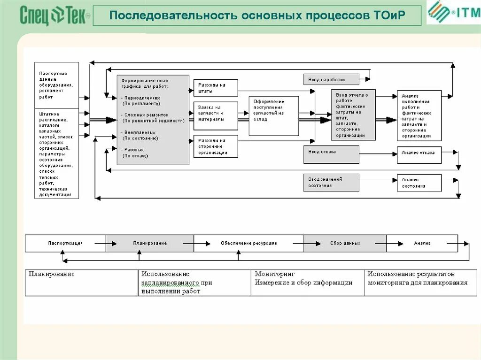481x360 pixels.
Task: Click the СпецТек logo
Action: [54, 16]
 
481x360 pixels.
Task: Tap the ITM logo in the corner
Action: [453, 13]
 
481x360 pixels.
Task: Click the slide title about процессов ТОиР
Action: [257, 16]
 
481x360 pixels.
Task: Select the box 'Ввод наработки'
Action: [331, 79]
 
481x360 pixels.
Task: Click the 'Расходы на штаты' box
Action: [216, 88]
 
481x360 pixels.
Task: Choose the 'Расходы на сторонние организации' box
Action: [216, 146]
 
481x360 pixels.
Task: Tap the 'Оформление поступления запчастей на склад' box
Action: [273, 116]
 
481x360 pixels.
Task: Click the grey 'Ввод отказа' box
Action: [331, 154]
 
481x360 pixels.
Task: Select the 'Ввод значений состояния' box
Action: [331, 183]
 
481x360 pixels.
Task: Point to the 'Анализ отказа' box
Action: [419, 154]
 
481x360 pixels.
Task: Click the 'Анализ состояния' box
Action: [419, 183]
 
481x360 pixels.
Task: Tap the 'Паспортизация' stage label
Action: [65, 244]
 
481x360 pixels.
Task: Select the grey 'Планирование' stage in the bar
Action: [149, 244]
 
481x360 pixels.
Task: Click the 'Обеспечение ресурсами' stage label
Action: [248, 244]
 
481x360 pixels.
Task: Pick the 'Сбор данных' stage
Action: [345, 244]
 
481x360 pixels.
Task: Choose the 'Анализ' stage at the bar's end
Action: [422, 244]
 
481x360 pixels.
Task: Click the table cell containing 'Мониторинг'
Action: [307, 282]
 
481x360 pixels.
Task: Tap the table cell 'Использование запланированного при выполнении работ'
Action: [194, 282]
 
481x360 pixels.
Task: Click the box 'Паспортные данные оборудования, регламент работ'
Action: [57, 85]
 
